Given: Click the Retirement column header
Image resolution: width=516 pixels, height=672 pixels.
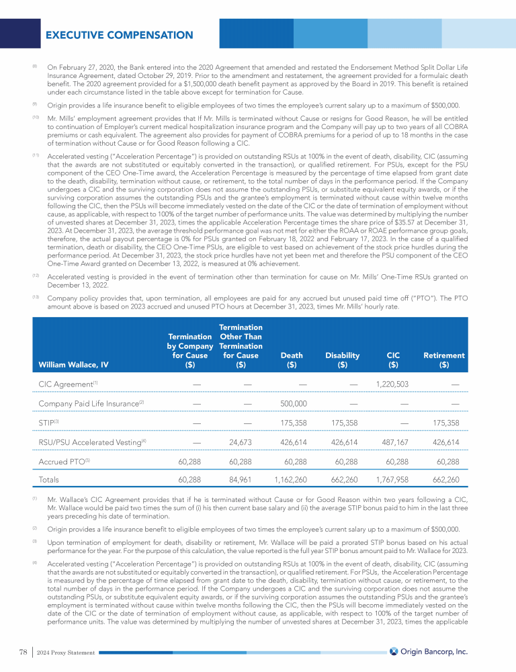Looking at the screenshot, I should pyautogui.click(x=443, y=360).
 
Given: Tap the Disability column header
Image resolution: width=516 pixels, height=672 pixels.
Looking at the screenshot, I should pyautogui.click(x=342, y=360).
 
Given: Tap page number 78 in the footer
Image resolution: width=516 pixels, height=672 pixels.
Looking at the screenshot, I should pyautogui.click(x=23, y=651).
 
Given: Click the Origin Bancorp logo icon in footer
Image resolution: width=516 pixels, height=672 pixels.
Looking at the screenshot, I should pyautogui.click(x=394, y=650).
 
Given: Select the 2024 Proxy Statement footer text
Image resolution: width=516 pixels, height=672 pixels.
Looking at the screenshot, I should pyautogui.click(x=66, y=652).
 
